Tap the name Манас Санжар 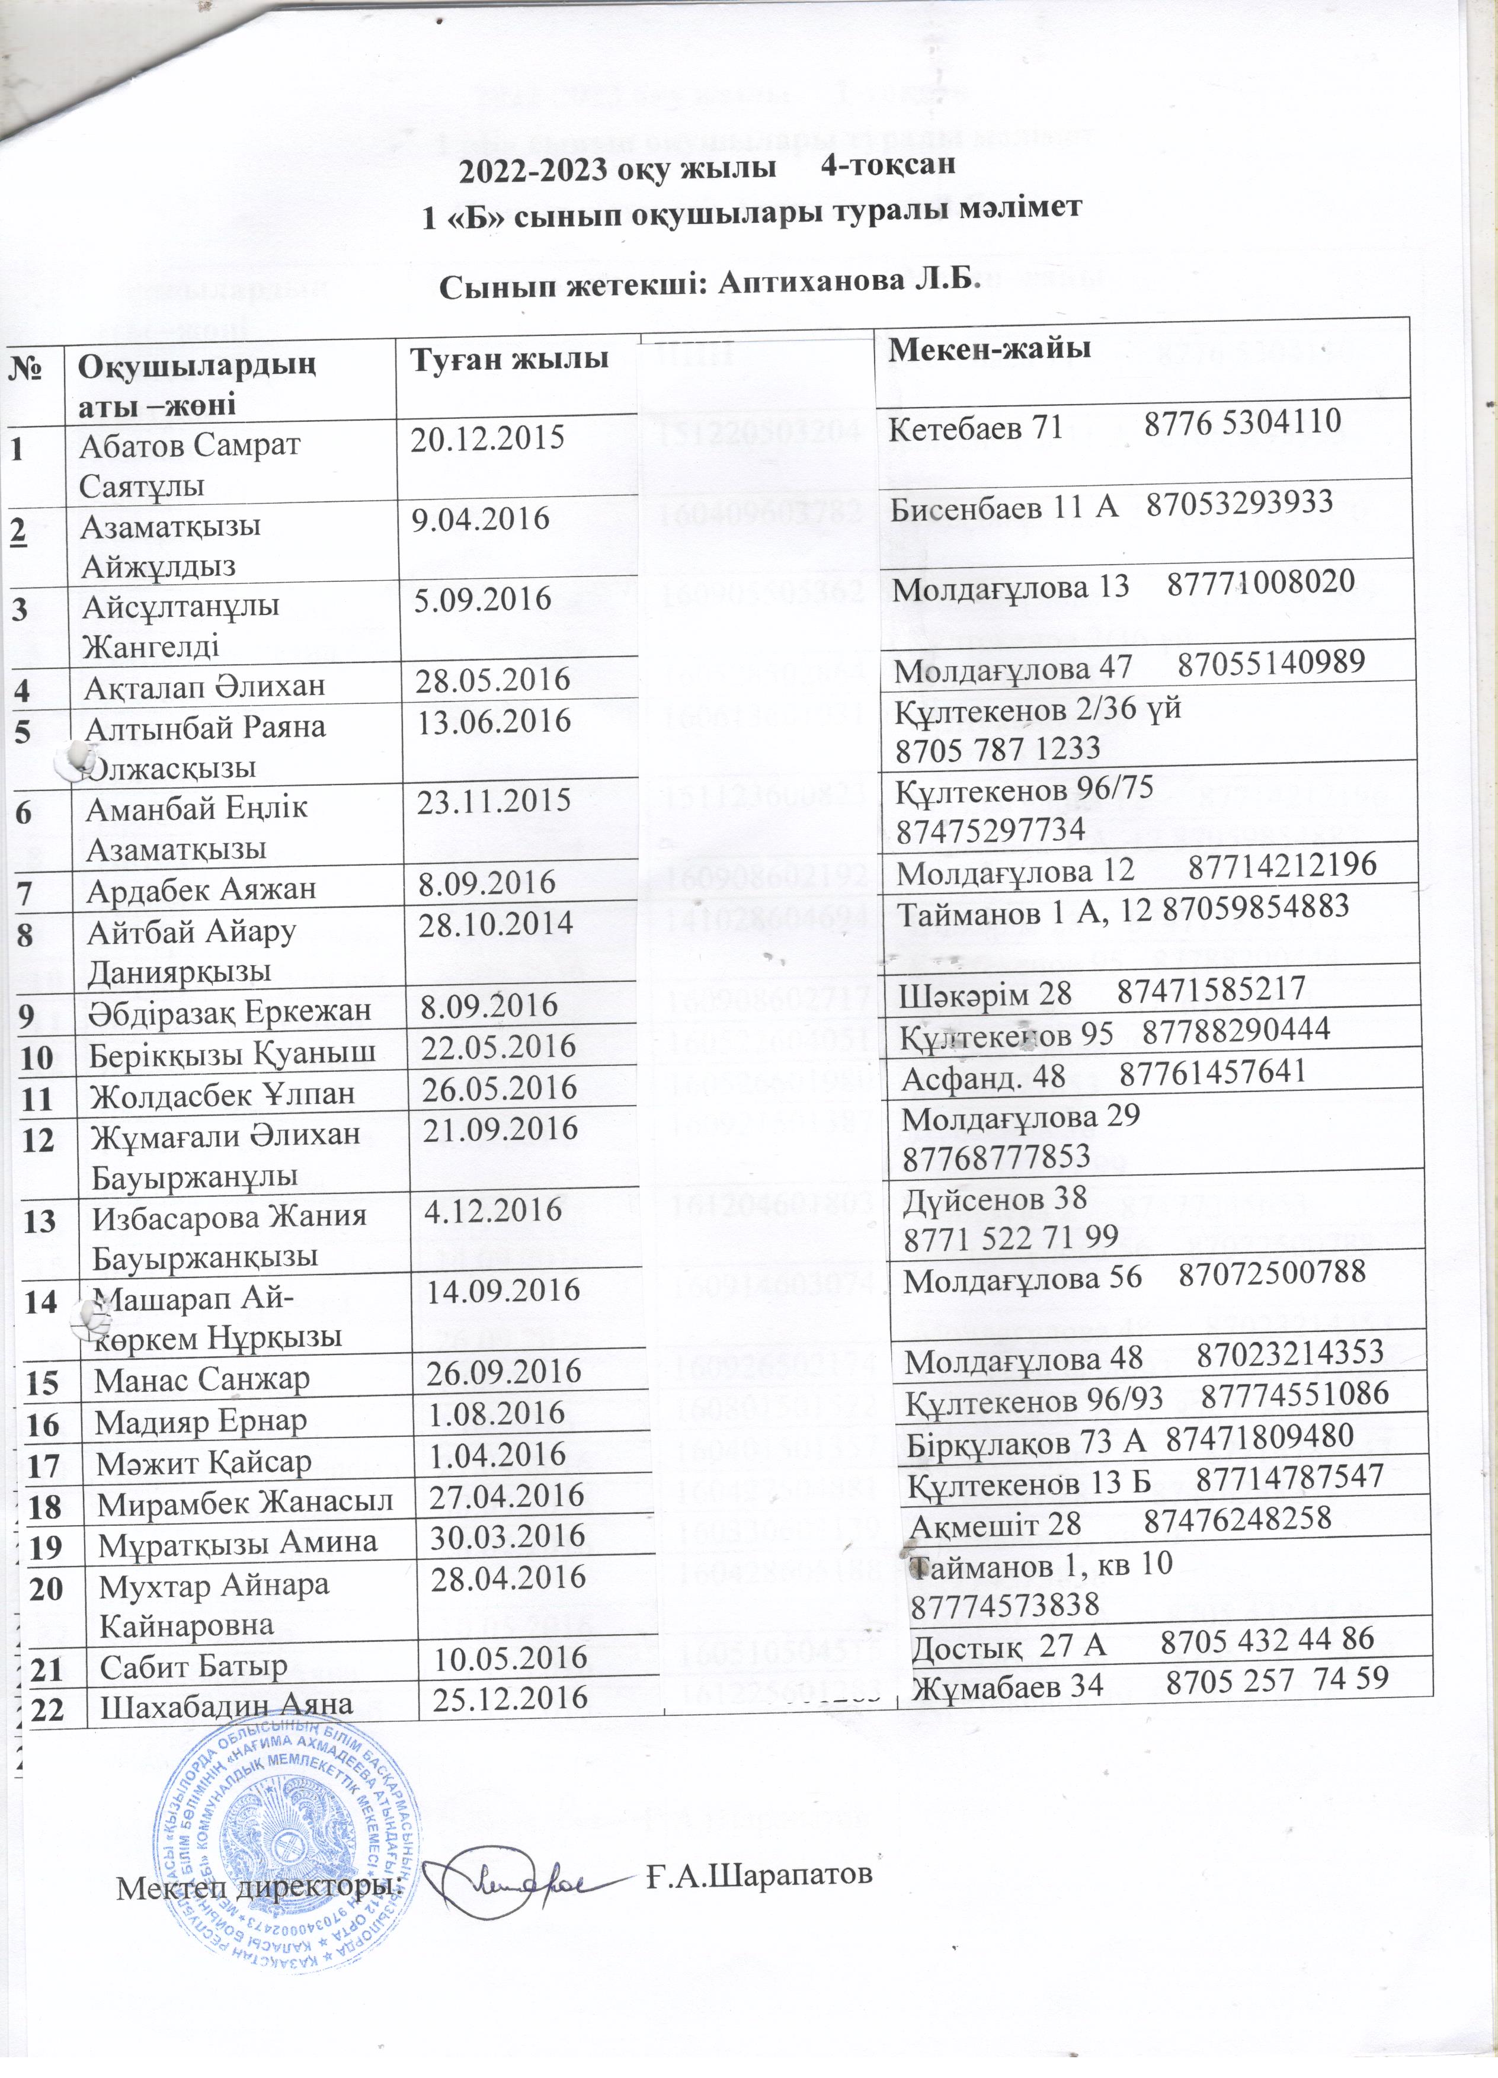(203, 1377)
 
